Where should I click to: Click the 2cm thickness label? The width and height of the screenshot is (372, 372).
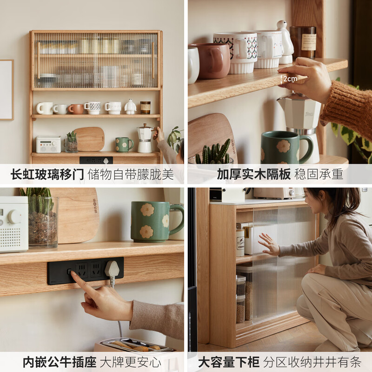(x=289, y=79)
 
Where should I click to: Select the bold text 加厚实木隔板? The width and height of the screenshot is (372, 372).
(x=253, y=174)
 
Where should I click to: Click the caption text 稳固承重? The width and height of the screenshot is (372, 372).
(x=319, y=174)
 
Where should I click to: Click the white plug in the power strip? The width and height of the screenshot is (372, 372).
(x=112, y=269)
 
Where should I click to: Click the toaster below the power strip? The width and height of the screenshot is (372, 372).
(x=135, y=346)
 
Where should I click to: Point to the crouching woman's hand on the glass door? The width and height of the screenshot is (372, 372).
(x=269, y=244)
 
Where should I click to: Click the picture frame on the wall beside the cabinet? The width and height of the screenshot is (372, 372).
(x=7, y=90)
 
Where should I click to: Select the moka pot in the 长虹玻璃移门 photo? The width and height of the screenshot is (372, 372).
(x=145, y=138)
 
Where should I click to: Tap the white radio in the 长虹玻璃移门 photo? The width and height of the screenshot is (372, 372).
(x=48, y=144)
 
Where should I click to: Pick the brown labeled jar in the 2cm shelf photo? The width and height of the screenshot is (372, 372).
(x=302, y=42)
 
